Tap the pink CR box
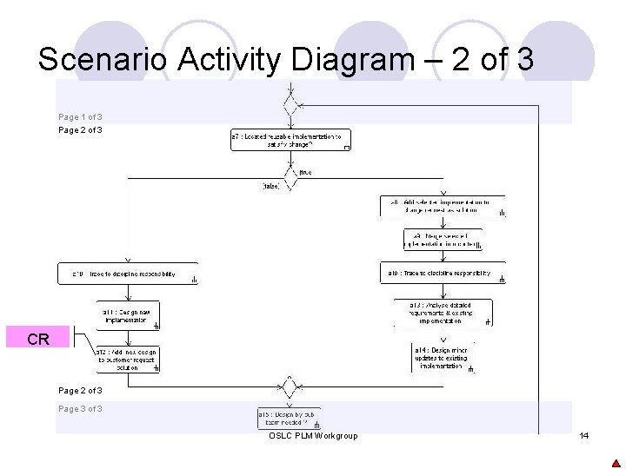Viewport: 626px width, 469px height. click(x=38, y=339)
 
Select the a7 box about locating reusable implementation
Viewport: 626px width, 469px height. click(x=290, y=140)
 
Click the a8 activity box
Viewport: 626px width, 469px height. click(x=443, y=206)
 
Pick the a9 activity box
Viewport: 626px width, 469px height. click(x=443, y=239)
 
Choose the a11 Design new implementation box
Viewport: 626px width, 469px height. click(x=128, y=316)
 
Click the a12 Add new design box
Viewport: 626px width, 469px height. click(x=128, y=359)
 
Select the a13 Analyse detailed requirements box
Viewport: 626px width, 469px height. click(x=443, y=313)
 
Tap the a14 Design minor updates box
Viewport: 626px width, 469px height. click(x=443, y=358)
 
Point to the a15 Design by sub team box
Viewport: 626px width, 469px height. click(x=290, y=419)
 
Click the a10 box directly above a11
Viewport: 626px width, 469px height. click(x=128, y=274)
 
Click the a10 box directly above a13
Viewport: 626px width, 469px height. click(x=443, y=274)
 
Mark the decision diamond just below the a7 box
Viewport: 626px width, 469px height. click(x=290, y=172)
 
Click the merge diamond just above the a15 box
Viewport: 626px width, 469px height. click(x=290, y=386)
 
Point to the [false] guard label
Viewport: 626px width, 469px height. click(x=270, y=186)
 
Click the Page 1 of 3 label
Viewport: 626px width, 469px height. click(x=80, y=117)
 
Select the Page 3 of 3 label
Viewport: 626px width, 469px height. click(x=80, y=409)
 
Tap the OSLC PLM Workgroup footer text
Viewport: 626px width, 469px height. click(x=313, y=436)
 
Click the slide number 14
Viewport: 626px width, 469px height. click(x=583, y=435)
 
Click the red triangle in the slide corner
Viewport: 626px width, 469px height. click(x=616, y=463)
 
